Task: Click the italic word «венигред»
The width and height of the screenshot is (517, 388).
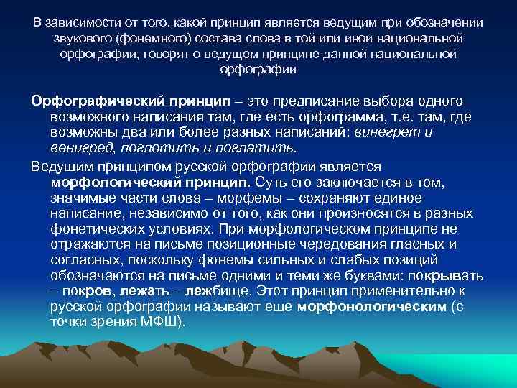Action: [x=78, y=148]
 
